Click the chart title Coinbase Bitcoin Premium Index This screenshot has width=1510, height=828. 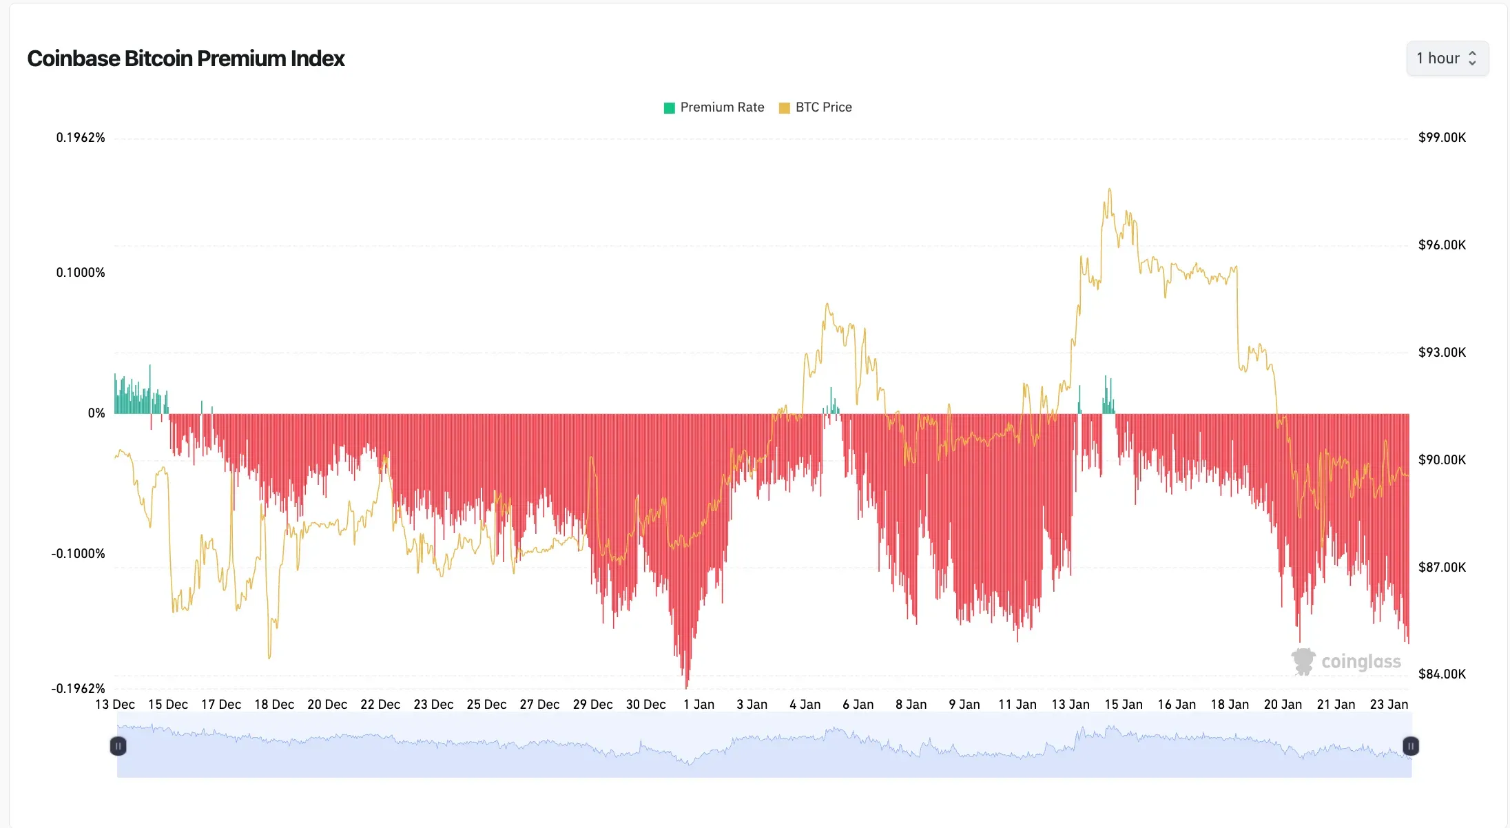[x=186, y=59]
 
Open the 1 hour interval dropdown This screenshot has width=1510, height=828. [x=1447, y=59]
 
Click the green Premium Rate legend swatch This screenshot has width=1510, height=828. [x=669, y=107]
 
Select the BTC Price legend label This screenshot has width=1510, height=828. [x=823, y=107]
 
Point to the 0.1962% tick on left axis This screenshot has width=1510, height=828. [x=81, y=138]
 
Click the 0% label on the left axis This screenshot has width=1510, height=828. [x=96, y=413]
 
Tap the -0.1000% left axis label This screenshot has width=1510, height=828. [x=78, y=554]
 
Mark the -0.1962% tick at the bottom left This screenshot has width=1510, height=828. [x=78, y=689]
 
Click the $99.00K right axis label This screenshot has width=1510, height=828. [x=1442, y=138]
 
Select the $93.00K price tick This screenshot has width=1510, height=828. [x=1442, y=353]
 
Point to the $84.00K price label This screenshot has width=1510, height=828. [x=1442, y=674]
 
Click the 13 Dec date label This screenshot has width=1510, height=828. [x=115, y=705]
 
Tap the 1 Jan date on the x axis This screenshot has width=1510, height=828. [x=699, y=705]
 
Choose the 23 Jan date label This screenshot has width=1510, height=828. [x=1389, y=705]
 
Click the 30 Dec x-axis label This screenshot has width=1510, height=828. [x=645, y=705]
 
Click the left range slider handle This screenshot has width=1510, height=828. [x=118, y=746]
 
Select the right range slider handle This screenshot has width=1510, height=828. [x=1410, y=746]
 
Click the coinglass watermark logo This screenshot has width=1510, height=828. [x=1346, y=661]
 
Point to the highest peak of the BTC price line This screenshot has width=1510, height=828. [x=1109, y=189]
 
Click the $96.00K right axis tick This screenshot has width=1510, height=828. [x=1442, y=245]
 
